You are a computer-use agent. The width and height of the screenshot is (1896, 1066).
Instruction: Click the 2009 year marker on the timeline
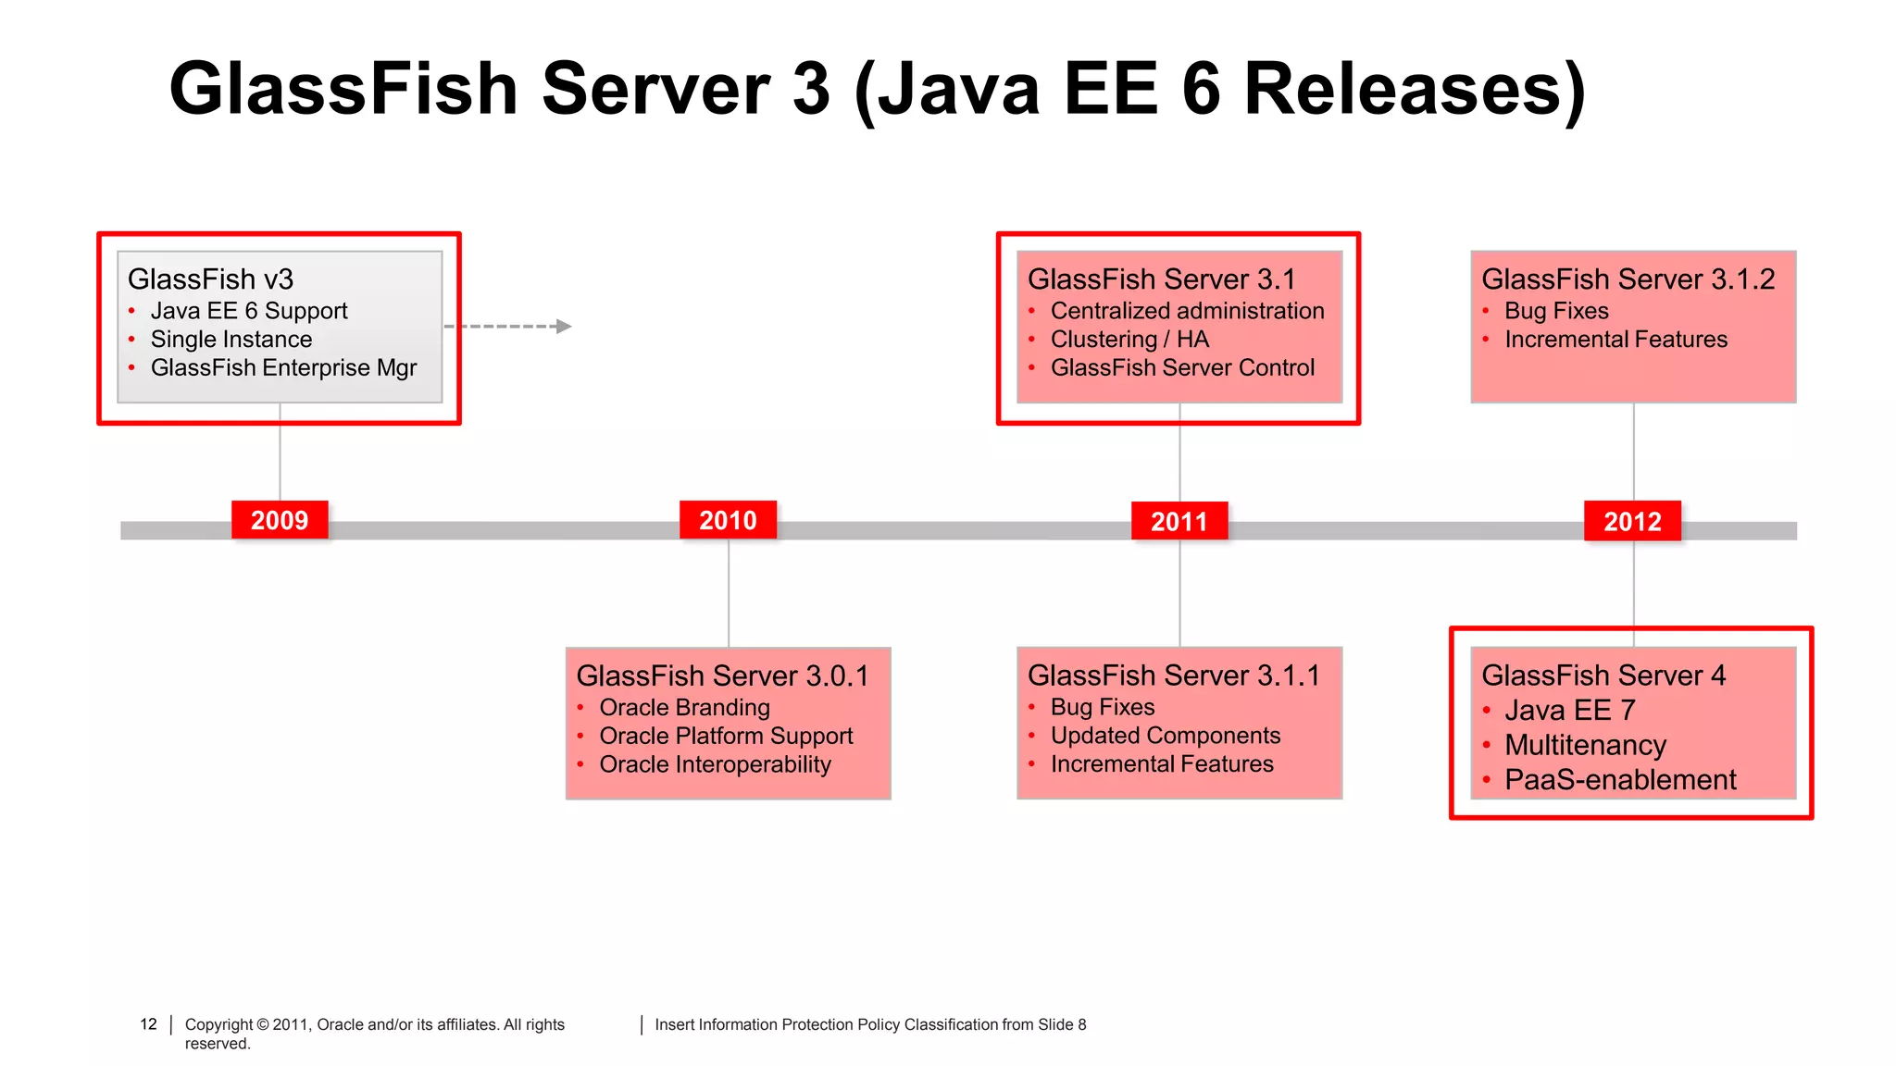pyautogui.click(x=280, y=520)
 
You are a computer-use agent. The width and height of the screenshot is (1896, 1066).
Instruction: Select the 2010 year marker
pyautogui.click(x=728, y=520)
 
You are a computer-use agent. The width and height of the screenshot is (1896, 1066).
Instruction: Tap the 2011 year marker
pyautogui.click(x=1179, y=521)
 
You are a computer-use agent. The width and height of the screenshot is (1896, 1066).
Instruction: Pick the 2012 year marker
pyautogui.click(x=1632, y=521)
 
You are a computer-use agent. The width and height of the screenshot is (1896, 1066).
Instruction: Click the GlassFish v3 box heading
pyautogui.click(x=210, y=279)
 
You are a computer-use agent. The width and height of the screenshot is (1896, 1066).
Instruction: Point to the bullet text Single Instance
pyautogui.click(x=231, y=340)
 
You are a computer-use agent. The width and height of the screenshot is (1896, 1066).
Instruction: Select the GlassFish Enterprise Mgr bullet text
pyautogui.click(x=283, y=368)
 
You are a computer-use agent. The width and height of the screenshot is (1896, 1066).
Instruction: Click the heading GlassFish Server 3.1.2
pyautogui.click(x=1628, y=279)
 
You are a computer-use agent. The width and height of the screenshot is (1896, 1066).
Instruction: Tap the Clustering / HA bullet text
pyautogui.click(x=1129, y=340)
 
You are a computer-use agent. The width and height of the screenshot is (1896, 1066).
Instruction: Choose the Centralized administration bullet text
pyautogui.click(x=1187, y=311)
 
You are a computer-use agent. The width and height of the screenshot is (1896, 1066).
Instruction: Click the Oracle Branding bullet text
pyautogui.click(x=684, y=708)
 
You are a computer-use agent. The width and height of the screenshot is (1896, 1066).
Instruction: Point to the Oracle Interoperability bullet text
pyautogui.click(x=715, y=764)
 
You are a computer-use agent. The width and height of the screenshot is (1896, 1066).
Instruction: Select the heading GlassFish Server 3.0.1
pyautogui.click(x=722, y=676)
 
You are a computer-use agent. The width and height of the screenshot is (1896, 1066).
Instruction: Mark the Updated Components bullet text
pyautogui.click(x=1165, y=736)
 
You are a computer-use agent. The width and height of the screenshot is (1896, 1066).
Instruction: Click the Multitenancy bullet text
pyautogui.click(x=1585, y=745)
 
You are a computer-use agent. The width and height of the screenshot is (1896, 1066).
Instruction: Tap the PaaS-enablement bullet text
pyautogui.click(x=1620, y=780)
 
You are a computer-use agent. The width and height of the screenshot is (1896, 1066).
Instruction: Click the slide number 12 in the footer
pyautogui.click(x=148, y=1024)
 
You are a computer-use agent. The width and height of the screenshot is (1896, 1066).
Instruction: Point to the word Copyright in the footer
pyautogui.click(x=218, y=1024)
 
